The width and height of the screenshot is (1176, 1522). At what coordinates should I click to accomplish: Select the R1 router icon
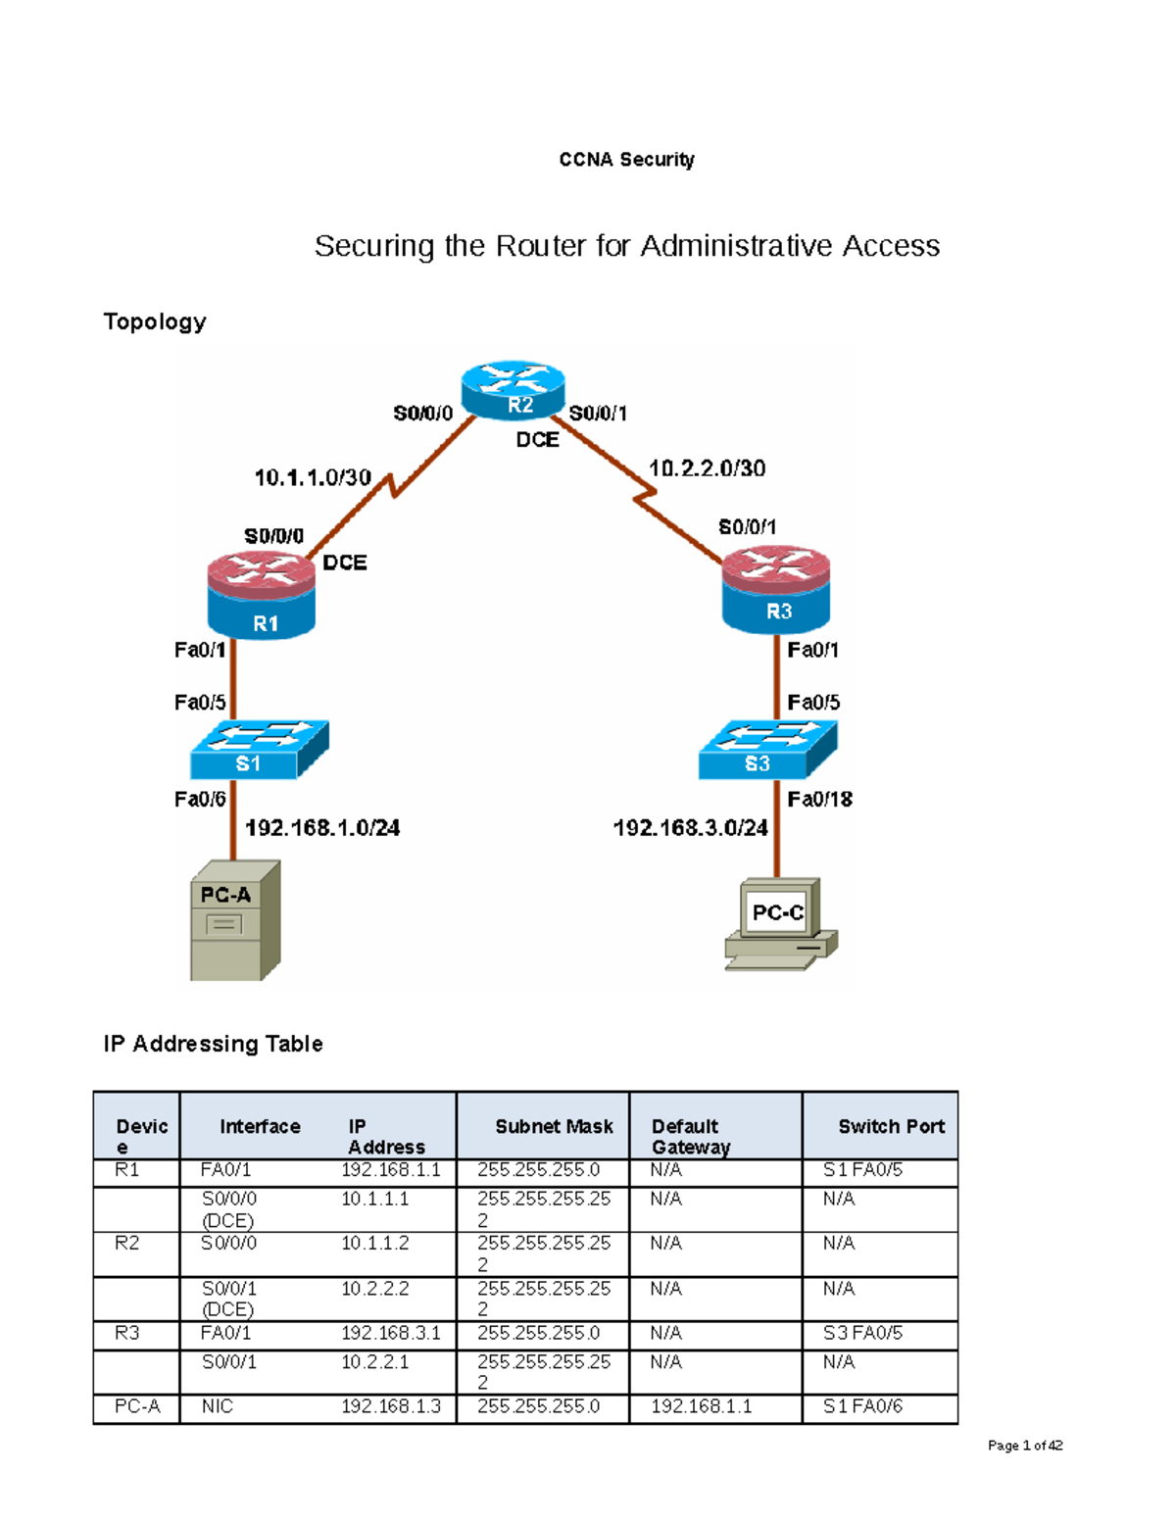[x=262, y=595]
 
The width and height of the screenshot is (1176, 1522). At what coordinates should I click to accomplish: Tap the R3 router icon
[x=776, y=589]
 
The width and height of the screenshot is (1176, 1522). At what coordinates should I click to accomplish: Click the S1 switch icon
[x=259, y=750]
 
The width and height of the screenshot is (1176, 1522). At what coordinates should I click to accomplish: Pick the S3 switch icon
[x=767, y=750]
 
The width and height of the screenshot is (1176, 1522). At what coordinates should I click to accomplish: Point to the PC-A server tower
[x=234, y=921]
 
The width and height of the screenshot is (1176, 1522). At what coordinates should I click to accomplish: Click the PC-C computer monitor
[x=779, y=911]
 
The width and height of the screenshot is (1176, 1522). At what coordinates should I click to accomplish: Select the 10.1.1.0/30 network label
[x=313, y=477]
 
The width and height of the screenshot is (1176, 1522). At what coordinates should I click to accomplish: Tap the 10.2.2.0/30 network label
[x=707, y=467]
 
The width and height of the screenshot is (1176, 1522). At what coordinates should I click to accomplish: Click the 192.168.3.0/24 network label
[x=690, y=828]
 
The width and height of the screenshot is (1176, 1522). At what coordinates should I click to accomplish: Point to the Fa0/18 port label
[x=819, y=799]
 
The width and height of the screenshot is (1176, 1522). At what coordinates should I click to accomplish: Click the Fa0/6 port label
[x=200, y=799]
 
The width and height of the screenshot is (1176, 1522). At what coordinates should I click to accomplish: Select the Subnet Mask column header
[x=554, y=1126]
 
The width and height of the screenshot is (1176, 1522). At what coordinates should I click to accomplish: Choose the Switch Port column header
[x=891, y=1126]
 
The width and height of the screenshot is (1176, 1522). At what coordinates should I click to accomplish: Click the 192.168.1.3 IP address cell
[x=391, y=1406]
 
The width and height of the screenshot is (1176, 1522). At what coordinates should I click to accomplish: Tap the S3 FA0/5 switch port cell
[x=862, y=1333]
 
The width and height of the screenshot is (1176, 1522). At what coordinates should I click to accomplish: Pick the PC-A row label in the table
[x=137, y=1406]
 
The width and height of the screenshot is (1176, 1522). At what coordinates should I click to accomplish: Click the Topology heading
[x=155, y=321]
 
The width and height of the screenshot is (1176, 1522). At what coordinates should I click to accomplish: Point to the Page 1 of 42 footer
[x=1024, y=1446]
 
